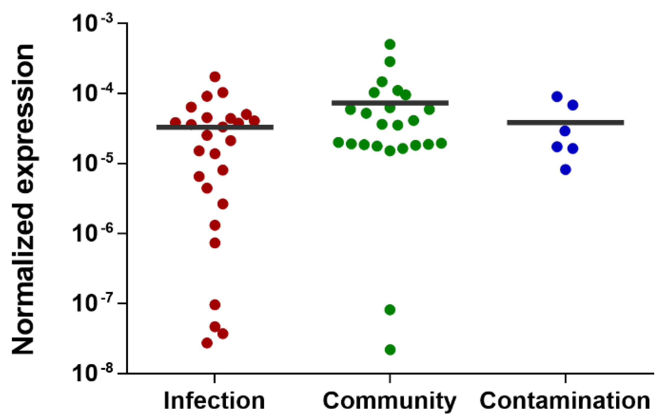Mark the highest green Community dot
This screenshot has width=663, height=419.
click(390, 45)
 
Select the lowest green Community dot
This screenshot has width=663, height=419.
click(390, 350)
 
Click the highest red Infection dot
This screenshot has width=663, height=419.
click(215, 77)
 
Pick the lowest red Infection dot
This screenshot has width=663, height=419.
click(207, 343)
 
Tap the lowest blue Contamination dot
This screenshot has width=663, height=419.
click(565, 170)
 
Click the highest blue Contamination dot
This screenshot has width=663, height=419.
click(557, 97)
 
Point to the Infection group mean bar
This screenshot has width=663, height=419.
click(215, 127)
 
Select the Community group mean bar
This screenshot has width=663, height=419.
click(390, 103)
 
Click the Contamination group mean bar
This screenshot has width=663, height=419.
click(565, 123)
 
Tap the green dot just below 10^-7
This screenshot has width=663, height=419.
click(390, 310)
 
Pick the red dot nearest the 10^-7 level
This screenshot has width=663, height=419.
click(215, 305)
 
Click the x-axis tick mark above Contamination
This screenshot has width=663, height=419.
click(565, 379)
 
